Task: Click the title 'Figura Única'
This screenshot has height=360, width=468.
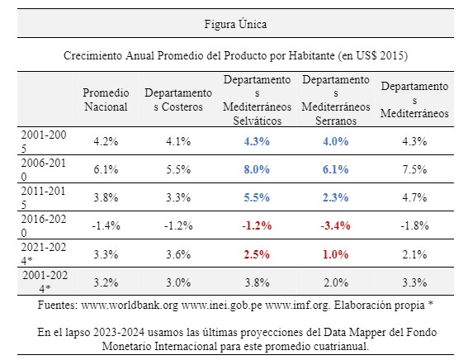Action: (x=235, y=24)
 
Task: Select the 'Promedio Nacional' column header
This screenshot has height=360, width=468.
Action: (x=106, y=100)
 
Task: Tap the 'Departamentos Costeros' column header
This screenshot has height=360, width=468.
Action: (x=178, y=100)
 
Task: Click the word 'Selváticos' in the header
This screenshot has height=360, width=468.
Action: (x=257, y=121)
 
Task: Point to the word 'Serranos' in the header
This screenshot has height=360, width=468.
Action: (x=336, y=121)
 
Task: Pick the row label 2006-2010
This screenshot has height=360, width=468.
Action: (x=43, y=169)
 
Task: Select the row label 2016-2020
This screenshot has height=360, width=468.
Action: (x=43, y=225)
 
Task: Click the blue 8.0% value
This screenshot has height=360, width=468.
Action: (x=257, y=169)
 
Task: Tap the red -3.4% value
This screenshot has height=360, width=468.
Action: (x=335, y=225)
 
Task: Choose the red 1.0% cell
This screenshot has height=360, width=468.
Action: (x=335, y=254)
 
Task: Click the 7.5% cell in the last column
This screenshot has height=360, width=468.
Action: (x=414, y=169)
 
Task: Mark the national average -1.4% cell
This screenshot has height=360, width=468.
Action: (x=106, y=225)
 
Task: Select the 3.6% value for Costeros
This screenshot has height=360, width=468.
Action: (x=178, y=254)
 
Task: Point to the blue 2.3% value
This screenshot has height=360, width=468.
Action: (x=335, y=197)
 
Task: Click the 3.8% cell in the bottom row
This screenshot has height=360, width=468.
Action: (x=257, y=282)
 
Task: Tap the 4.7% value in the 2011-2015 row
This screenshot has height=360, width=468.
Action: (x=414, y=197)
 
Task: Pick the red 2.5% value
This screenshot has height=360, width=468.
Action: (x=257, y=254)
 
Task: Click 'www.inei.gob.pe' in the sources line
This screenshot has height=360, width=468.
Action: (x=222, y=306)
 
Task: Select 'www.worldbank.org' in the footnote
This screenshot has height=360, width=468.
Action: (x=130, y=306)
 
